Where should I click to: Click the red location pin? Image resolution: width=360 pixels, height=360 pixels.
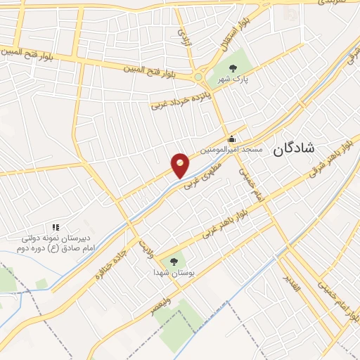point(180,165)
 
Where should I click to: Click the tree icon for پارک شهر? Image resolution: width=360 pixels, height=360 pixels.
point(233,67)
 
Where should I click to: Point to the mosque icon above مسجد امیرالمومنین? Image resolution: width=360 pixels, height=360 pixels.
point(231,139)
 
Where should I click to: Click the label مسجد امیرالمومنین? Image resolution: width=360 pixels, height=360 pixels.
point(231,150)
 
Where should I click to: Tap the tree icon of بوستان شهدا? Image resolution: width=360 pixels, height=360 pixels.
point(174,259)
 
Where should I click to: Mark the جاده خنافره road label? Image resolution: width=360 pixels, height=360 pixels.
point(113,261)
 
